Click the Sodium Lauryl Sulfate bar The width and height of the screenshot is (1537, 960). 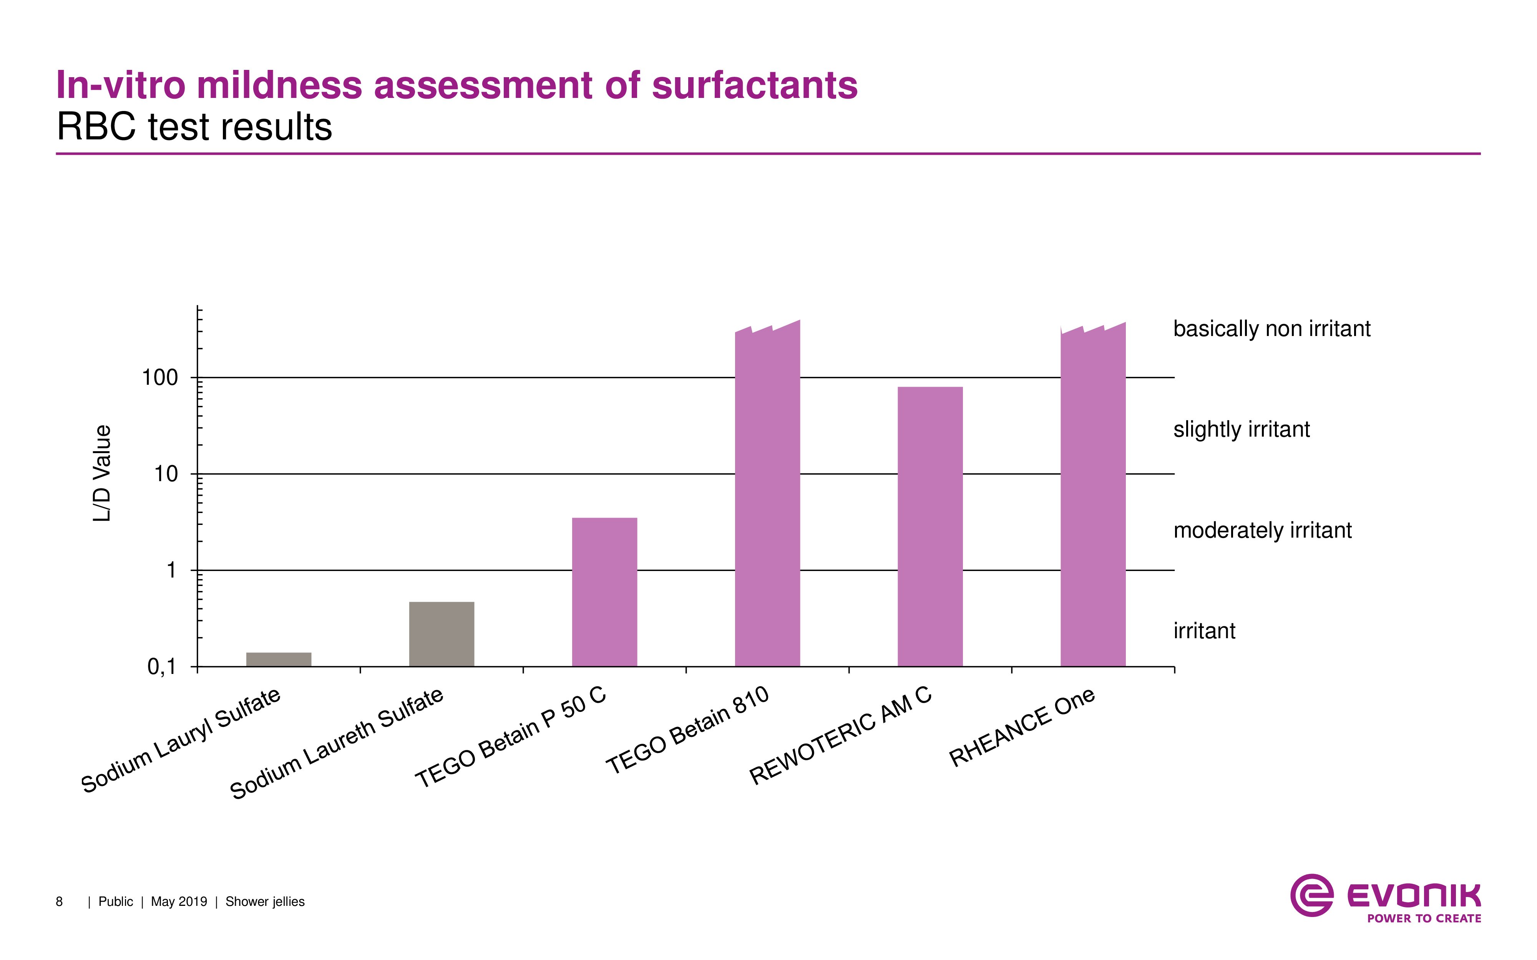(279, 659)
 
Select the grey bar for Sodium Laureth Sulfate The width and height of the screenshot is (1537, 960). (442, 634)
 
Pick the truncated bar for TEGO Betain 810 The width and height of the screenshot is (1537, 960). (767, 495)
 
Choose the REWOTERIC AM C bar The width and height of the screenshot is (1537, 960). (930, 526)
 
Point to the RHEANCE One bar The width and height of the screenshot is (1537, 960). (1093, 495)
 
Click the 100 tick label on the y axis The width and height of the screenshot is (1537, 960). (160, 378)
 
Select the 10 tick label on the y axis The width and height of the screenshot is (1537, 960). (166, 474)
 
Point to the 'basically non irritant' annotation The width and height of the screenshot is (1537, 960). (1271, 329)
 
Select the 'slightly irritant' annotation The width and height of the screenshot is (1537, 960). (1241, 430)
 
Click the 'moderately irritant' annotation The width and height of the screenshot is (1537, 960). (1262, 530)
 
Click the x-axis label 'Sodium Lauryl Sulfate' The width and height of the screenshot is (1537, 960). (181, 740)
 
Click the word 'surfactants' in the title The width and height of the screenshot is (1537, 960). (755, 85)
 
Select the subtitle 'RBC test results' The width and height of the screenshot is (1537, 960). (194, 127)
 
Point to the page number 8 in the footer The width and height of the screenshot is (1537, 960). (59, 902)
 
